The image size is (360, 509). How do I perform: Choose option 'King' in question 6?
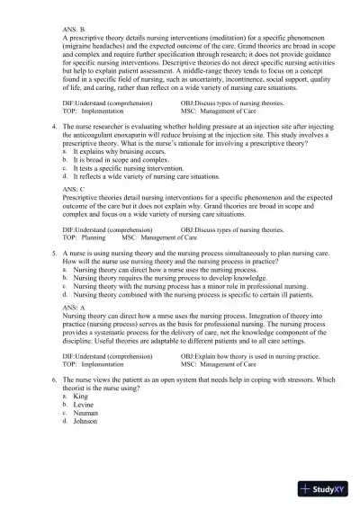(x=80, y=397)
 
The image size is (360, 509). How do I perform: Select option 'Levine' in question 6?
(x=83, y=405)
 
